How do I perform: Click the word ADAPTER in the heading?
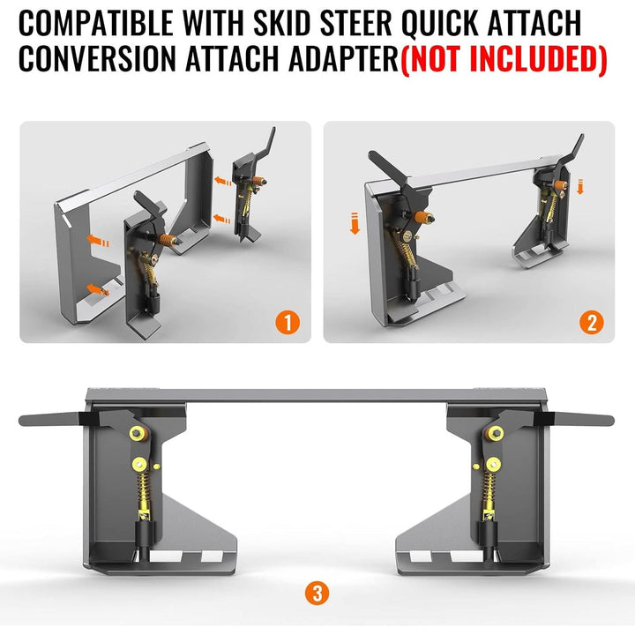pos(340,58)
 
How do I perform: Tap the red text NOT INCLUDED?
pos(504,58)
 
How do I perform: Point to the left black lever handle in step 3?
pos(53,419)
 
